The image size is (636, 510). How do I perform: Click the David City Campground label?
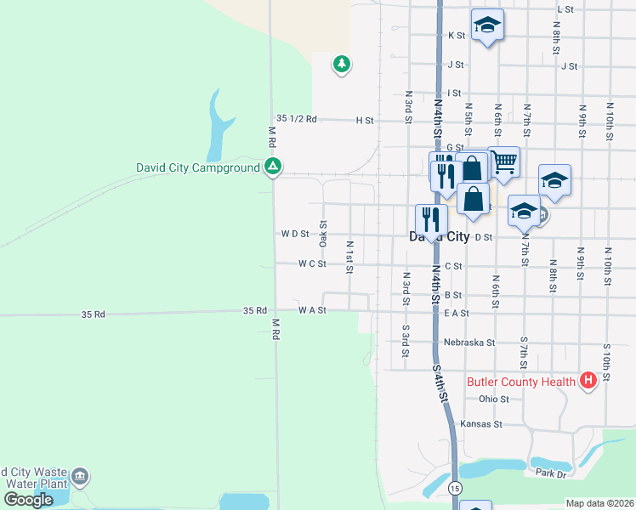click(x=198, y=167)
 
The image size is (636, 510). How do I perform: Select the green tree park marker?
click(x=342, y=64)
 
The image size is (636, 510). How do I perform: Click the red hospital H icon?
click(x=588, y=382)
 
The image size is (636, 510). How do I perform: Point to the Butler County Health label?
click(x=521, y=382)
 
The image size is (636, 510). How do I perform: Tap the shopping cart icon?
click(x=504, y=160)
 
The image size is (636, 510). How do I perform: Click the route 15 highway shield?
click(x=456, y=488)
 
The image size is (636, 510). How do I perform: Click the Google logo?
click(x=28, y=499)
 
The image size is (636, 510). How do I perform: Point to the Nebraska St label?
click(x=468, y=343)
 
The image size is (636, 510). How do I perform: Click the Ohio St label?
click(x=493, y=399)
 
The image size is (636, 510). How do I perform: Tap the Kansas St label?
click(x=481, y=423)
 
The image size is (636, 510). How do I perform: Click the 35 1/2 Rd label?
click(x=297, y=120)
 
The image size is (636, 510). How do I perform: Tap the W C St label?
click(x=312, y=263)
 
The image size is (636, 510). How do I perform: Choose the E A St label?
click(x=456, y=314)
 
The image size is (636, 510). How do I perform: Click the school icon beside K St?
click(x=488, y=25)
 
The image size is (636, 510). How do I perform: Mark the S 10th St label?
click(x=607, y=357)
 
